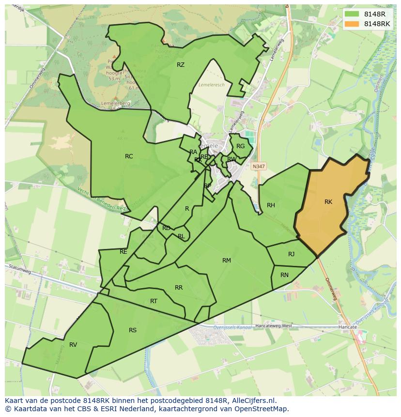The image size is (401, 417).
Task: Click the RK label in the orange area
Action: click(328, 202)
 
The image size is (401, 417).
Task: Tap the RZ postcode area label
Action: click(180, 64)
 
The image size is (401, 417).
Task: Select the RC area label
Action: click(129, 156)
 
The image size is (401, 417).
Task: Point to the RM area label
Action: click(226, 261)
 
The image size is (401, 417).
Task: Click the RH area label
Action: click(271, 205)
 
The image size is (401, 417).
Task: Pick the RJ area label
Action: click(291, 254)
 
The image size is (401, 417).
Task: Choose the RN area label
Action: click(284, 275)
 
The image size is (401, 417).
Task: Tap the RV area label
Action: click(73, 345)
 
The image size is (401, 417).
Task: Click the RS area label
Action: click(133, 330)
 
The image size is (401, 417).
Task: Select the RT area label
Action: click(154, 301)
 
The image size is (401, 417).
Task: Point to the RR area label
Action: click(179, 288)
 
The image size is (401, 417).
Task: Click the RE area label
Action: click(123, 252)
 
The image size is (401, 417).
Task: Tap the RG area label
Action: click(240, 146)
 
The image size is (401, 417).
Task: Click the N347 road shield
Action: click(259, 166)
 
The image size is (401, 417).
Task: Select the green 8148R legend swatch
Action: click(352, 14)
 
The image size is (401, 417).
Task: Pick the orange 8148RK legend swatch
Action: click(352, 24)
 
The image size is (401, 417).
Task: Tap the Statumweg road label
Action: click(19, 270)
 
